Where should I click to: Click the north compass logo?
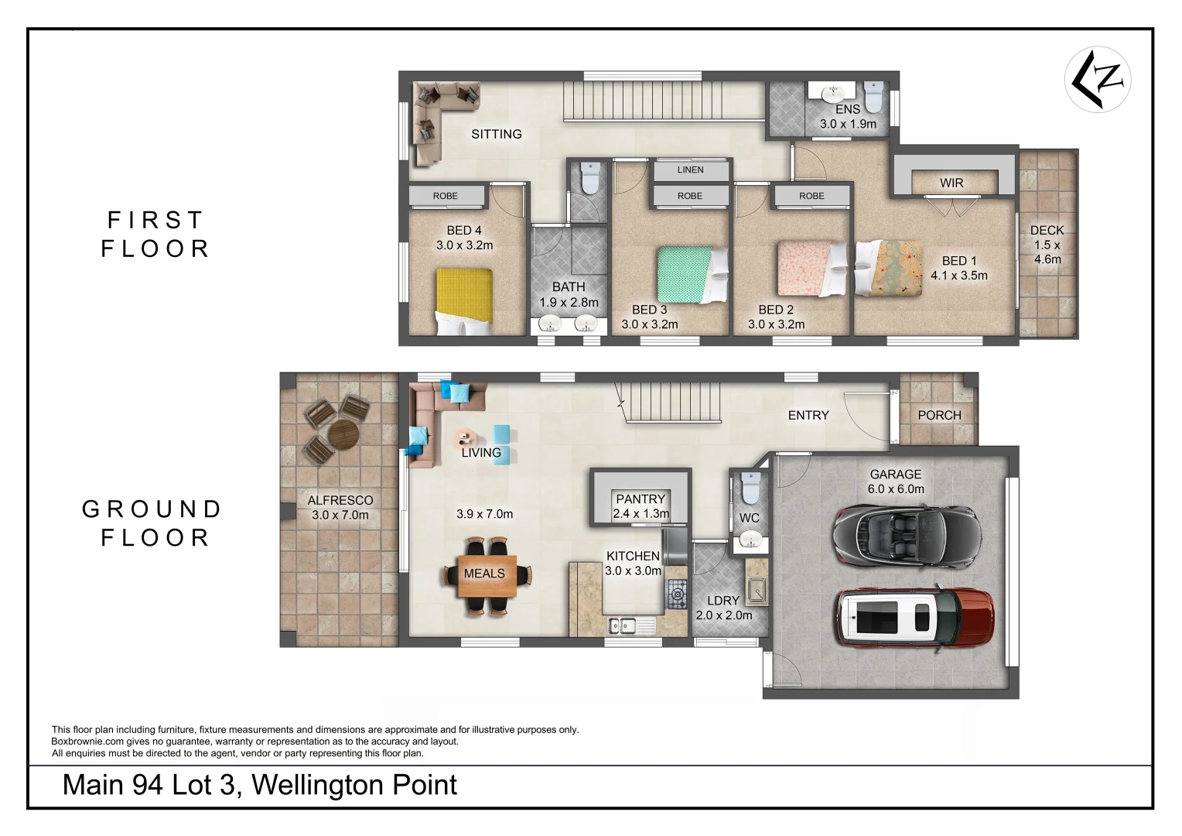pos(1098,79)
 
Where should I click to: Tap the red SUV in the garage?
pos(914,618)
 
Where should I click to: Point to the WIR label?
pos(951,183)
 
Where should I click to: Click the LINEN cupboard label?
pos(690,170)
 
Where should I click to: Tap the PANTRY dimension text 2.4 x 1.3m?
pos(641,513)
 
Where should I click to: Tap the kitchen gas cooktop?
pos(677,594)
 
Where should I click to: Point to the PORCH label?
pos(939,415)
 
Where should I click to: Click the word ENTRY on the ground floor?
pos(808,415)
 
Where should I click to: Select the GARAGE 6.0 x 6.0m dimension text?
pos(896,488)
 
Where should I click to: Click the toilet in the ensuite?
pos(873,96)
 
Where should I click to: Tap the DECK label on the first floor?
pos(1047,230)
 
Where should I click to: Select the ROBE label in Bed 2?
pos(811,196)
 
